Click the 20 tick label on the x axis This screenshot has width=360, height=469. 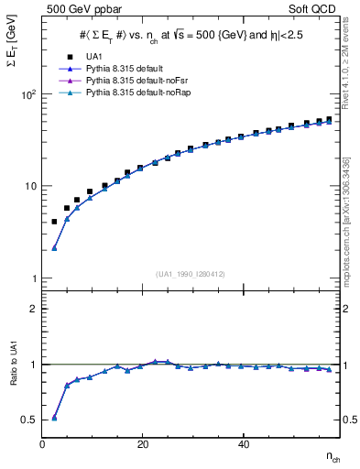142,444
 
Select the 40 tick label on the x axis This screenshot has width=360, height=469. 243,444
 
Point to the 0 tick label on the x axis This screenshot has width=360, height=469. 42,444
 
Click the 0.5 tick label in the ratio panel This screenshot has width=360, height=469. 30,420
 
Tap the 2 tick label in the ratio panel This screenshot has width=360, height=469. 34,309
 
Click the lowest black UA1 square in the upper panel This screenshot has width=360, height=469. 54,222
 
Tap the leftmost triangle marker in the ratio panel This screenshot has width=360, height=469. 54,417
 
